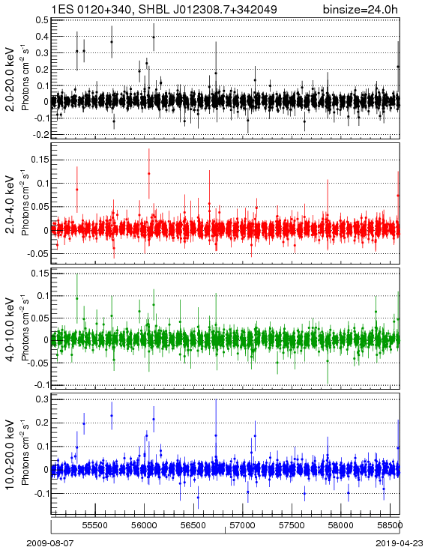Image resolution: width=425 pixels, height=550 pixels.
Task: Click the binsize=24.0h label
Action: point(361,10)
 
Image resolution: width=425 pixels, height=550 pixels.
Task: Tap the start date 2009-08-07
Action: point(50,543)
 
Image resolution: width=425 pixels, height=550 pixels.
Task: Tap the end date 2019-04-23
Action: point(400,543)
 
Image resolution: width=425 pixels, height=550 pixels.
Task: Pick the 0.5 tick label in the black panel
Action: point(42,20)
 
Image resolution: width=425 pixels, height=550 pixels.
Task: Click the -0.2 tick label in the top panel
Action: point(40,135)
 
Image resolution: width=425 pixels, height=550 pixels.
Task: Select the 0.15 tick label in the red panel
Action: point(40,160)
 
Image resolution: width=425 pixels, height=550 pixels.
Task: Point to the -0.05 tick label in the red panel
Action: point(38,253)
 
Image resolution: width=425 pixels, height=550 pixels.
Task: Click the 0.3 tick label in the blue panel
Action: point(42,399)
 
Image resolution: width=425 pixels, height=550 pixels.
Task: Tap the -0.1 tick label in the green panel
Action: point(40,385)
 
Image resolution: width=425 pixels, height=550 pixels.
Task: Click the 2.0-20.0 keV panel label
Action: point(10,79)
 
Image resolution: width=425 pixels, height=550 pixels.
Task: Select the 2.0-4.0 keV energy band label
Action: point(10,205)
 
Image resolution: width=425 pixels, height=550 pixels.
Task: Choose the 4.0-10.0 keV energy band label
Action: point(10,330)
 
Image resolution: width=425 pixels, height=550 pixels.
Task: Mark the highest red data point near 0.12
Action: point(149,174)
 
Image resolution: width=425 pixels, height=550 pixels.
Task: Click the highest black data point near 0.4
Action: point(154,37)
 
